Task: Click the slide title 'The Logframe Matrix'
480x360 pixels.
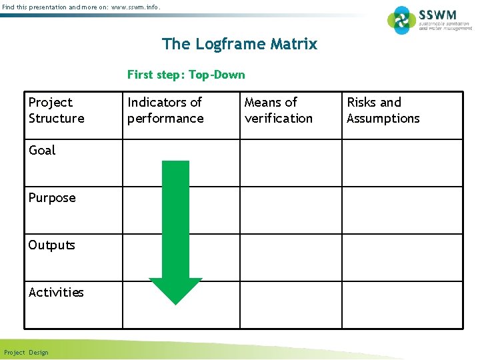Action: tap(239, 45)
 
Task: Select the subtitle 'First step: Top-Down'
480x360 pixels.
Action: tap(186, 75)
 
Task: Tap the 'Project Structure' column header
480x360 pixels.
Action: tap(57, 110)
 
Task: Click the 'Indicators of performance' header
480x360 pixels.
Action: tap(165, 110)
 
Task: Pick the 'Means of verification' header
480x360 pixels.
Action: tap(278, 110)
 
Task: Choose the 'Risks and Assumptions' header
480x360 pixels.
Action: tap(383, 110)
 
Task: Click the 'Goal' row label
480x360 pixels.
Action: tap(42, 151)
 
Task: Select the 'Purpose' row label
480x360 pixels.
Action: tap(52, 198)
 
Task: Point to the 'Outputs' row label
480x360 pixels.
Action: tap(51, 245)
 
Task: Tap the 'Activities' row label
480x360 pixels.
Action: tap(56, 293)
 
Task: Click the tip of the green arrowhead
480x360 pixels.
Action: tap(175, 303)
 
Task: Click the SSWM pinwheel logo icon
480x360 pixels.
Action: tap(402, 20)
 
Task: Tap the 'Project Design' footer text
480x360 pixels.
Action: tap(26, 353)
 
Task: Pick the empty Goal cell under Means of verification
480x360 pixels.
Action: tap(291, 163)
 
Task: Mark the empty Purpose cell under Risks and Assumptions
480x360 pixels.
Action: tap(402, 210)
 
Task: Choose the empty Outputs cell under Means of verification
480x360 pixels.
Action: tap(291, 257)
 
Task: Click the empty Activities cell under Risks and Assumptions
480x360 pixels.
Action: tap(402, 305)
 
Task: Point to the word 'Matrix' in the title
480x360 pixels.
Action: tap(294, 45)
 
